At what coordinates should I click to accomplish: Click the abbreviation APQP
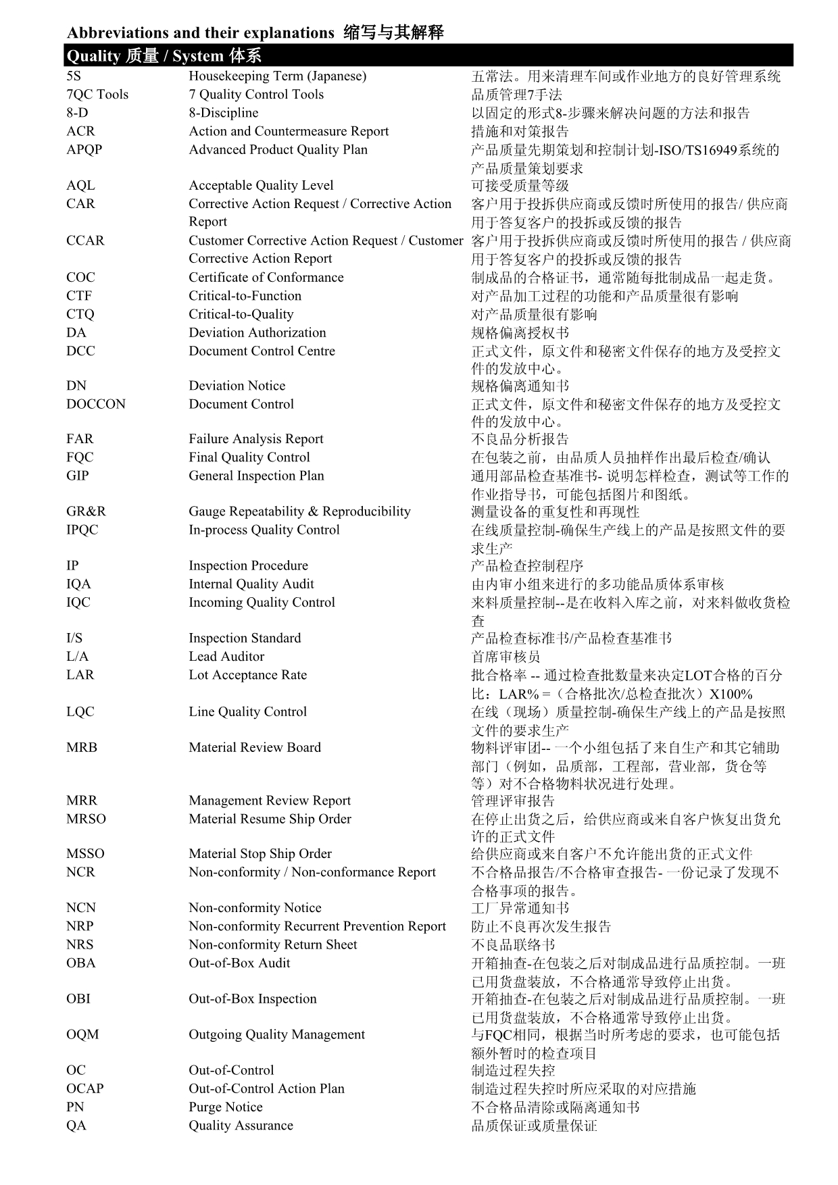tap(84, 149)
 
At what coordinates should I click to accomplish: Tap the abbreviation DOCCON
tap(96, 404)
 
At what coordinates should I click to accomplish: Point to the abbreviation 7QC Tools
tap(97, 95)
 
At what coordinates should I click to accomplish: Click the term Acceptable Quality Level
tap(261, 185)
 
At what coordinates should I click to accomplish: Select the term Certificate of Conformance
tap(266, 277)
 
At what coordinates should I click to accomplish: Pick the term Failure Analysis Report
tap(255, 439)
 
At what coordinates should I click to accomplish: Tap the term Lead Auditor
tap(226, 656)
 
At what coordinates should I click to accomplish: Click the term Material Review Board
tap(255, 747)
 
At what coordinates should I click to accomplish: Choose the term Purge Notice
tap(225, 1107)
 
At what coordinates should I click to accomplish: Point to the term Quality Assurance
tap(241, 1125)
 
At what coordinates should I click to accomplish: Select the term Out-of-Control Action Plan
tap(266, 1088)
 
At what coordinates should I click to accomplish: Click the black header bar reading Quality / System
tap(428, 55)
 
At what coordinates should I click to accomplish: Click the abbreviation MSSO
tap(85, 853)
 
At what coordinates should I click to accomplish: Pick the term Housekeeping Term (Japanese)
tap(277, 76)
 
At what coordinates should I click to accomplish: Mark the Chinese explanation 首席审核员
tap(506, 656)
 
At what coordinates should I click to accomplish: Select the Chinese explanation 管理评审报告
tap(512, 801)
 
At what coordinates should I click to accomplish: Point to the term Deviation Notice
tap(237, 386)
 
